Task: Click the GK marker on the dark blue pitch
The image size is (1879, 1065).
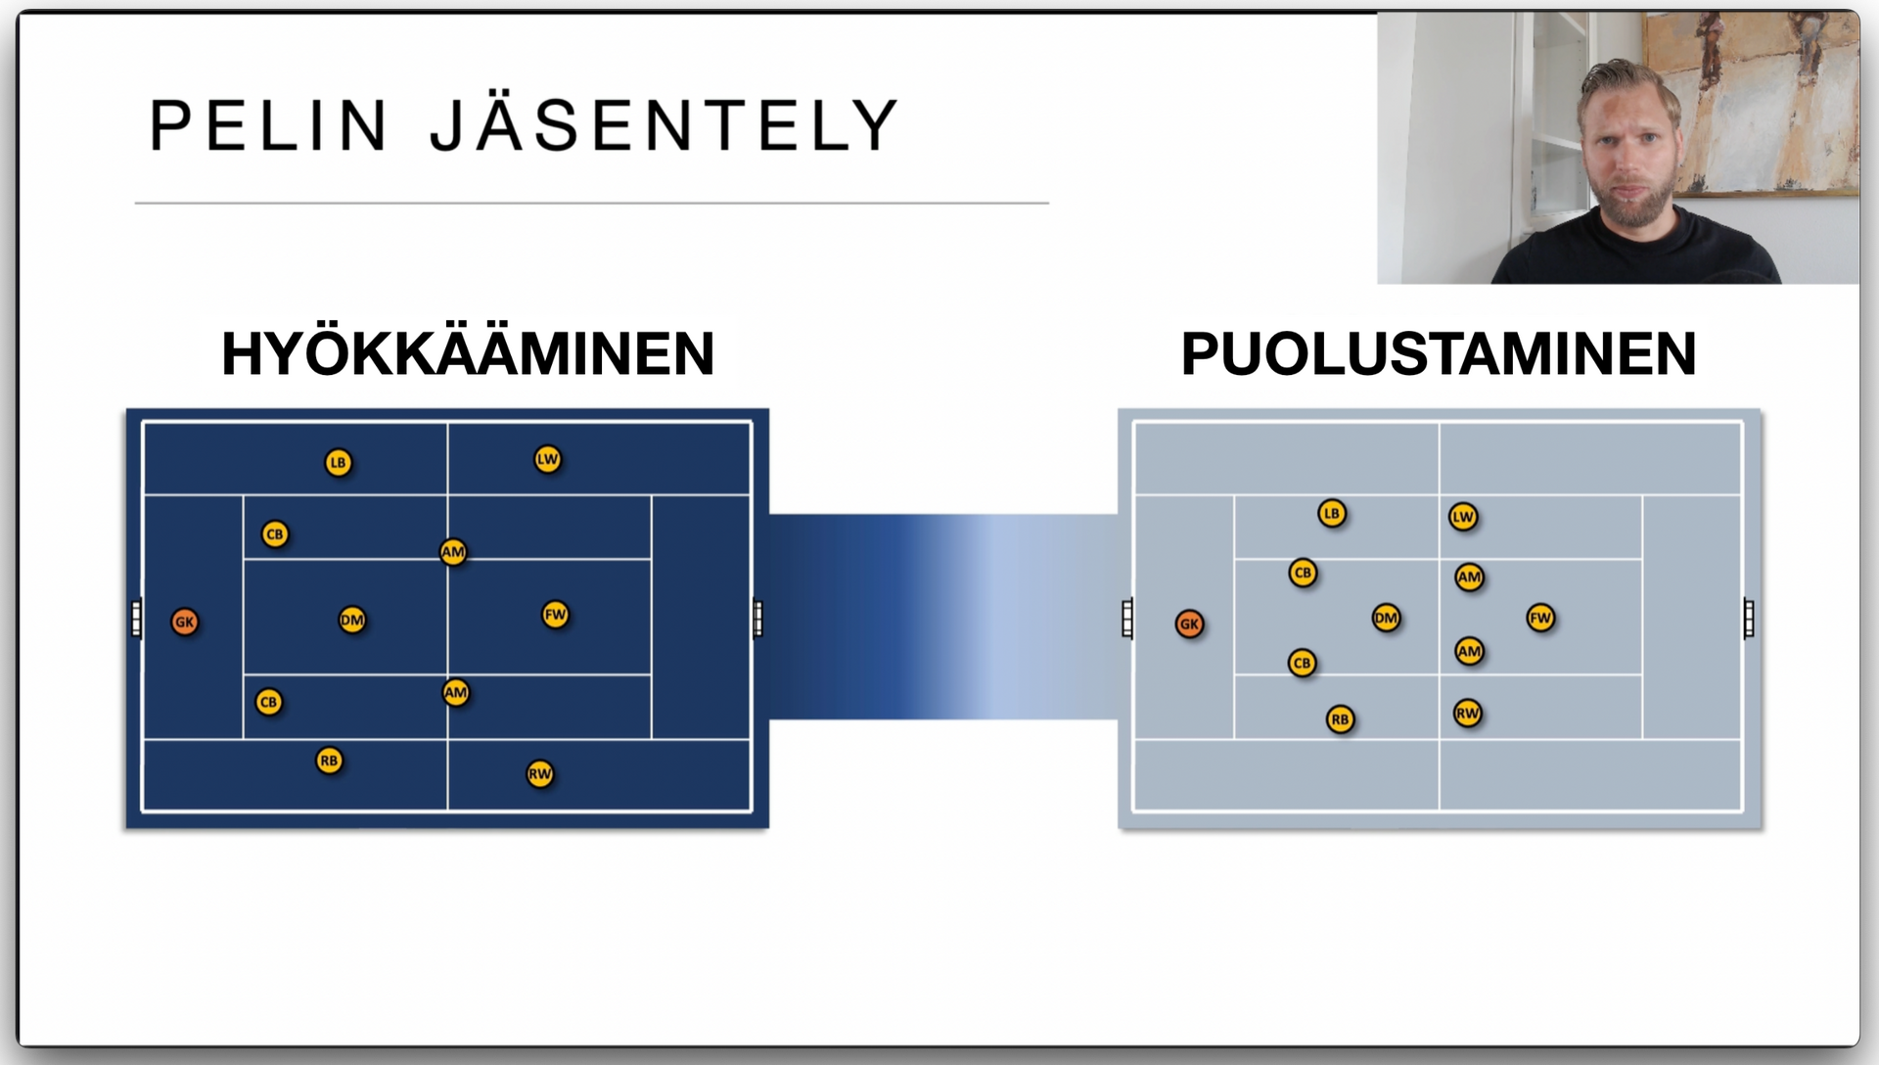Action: tap(184, 622)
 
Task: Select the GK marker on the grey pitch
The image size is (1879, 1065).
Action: tap(1189, 624)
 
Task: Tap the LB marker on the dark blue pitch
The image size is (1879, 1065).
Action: tap(338, 462)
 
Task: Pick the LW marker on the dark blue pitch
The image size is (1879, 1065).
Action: tap(547, 459)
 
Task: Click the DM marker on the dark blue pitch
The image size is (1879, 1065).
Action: tap(352, 620)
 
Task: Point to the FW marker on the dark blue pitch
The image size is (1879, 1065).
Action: tap(555, 615)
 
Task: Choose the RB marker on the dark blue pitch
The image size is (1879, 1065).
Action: tap(329, 761)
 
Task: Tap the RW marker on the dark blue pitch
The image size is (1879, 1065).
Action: tap(540, 774)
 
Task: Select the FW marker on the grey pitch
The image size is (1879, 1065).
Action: tap(1540, 618)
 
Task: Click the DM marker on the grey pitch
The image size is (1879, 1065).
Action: tap(1386, 618)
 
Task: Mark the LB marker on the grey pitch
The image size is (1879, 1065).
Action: tap(1331, 513)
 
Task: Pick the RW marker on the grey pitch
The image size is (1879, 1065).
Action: tap(1467, 714)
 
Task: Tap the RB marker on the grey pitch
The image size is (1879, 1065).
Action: tap(1340, 719)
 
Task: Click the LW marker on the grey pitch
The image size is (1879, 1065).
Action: tap(1462, 517)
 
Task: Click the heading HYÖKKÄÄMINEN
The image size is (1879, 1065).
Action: tap(468, 353)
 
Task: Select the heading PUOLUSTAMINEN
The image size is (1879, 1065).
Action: tap(1438, 353)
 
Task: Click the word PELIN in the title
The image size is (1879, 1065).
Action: tap(268, 125)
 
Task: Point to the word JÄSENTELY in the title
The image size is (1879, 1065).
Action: tap(665, 125)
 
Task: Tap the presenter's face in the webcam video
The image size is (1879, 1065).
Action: tap(1628, 147)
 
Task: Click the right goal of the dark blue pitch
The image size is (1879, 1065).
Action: tap(757, 618)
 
